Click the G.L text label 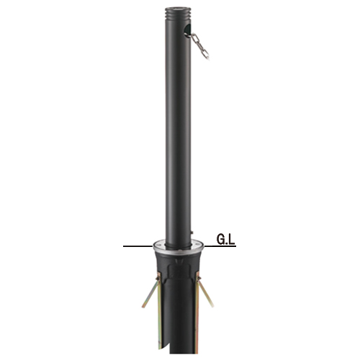coord(225,240)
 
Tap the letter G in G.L coord(221,240)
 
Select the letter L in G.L coord(232,240)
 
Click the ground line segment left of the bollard coord(138,246)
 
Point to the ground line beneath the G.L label coord(220,246)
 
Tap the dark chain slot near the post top coord(187,31)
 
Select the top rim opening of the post coord(178,9)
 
